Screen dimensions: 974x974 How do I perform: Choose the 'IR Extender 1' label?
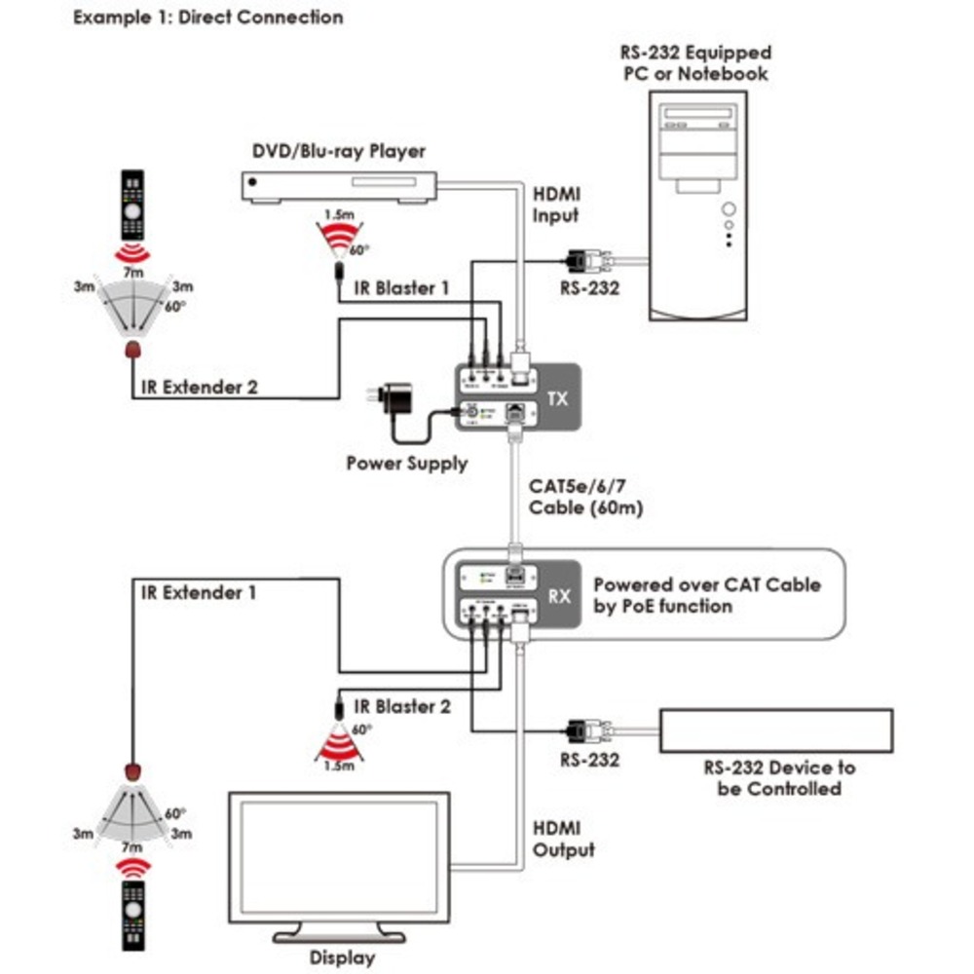(x=199, y=591)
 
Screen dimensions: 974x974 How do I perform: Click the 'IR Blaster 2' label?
(x=402, y=707)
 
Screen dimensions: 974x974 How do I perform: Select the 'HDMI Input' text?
(x=556, y=206)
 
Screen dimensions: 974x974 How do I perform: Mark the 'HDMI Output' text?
(x=564, y=839)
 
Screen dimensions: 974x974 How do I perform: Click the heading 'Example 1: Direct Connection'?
(x=208, y=17)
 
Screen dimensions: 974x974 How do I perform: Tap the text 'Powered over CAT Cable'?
(x=707, y=585)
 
